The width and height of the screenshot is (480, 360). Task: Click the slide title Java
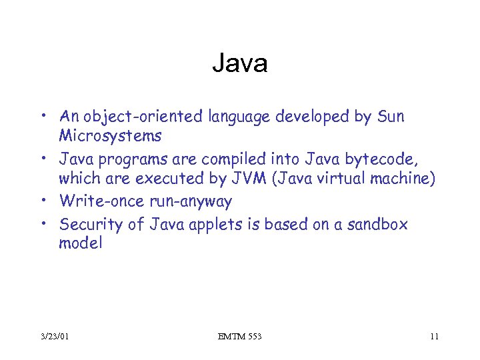click(x=240, y=63)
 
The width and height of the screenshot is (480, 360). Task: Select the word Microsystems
click(x=110, y=136)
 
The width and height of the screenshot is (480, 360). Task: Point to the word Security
click(x=90, y=224)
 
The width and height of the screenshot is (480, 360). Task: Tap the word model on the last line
click(x=81, y=243)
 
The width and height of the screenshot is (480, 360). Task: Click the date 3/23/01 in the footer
click(x=54, y=336)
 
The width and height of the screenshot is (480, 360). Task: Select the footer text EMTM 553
click(x=239, y=336)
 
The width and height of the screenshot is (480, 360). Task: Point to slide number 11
click(x=434, y=336)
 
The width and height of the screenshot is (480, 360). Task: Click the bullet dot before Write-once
click(x=49, y=200)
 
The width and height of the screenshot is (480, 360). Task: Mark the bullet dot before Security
click(x=49, y=224)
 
